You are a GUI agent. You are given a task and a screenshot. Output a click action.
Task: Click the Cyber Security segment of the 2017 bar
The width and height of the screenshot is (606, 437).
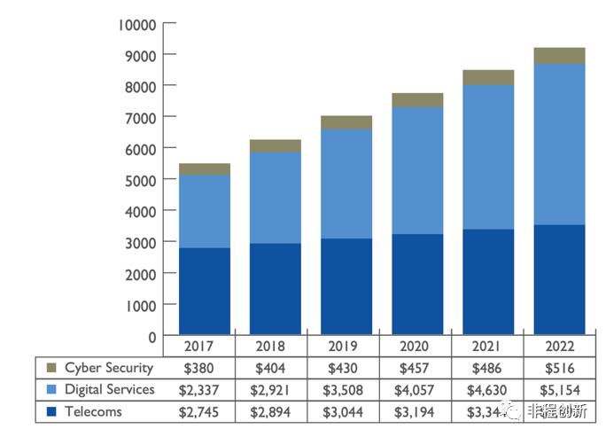[205, 169]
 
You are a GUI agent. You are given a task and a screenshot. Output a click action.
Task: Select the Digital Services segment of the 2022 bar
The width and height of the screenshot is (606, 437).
[559, 144]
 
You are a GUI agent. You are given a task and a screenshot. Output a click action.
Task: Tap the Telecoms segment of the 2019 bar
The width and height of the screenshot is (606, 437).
[346, 285]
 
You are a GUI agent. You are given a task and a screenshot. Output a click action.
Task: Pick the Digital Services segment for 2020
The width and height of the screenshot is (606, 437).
[417, 171]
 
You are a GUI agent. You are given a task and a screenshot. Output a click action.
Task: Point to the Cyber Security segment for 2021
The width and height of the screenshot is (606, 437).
[488, 77]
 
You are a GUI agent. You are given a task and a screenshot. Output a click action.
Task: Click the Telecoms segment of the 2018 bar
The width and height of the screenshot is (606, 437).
[276, 288]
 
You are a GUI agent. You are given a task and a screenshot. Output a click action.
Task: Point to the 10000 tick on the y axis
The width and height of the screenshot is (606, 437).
[136, 24]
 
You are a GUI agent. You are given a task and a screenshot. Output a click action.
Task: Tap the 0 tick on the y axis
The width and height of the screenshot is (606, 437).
[152, 336]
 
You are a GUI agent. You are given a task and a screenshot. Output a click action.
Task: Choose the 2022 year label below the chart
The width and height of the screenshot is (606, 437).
[559, 347]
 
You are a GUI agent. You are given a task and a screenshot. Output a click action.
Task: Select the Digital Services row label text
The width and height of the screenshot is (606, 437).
[110, 389]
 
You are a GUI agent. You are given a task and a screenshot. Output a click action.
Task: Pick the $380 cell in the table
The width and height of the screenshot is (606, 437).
[202, 368]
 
